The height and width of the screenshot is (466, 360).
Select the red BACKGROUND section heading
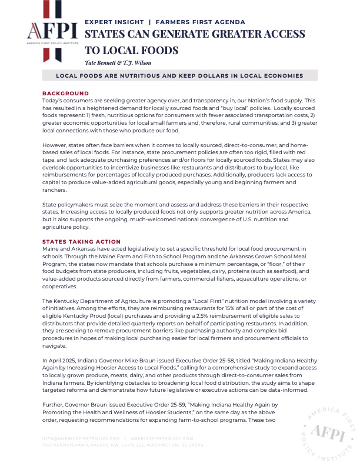click(65, 93)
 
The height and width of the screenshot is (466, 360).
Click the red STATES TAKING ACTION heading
click(82, 242)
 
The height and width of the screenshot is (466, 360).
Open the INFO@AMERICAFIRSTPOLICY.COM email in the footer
click(80, 438)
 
